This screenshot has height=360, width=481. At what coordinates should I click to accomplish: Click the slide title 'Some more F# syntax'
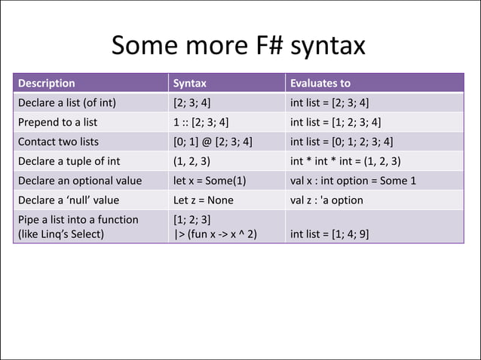(238, 47)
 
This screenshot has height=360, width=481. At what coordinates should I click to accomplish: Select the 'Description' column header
(46, 83)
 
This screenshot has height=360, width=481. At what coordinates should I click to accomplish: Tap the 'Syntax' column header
(190, 83)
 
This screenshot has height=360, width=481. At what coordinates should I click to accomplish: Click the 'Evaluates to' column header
(320, 83)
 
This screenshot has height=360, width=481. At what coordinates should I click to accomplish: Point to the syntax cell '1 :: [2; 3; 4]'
(201, 122)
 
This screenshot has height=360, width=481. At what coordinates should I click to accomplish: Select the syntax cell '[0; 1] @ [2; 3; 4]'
(213, 142)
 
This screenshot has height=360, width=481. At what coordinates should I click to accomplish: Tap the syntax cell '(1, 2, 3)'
(191, 161)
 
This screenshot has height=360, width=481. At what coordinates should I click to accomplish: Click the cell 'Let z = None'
(203, 200)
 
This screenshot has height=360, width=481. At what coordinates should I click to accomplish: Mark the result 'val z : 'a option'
(326, 200)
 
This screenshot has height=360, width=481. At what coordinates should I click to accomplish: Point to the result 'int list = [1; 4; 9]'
(329, 233)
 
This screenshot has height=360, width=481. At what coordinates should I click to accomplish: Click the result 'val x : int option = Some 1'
(353, 181)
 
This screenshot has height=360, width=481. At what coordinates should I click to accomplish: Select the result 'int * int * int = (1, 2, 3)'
(345, 161)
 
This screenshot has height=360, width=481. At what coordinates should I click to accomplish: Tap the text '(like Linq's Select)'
(63, 233)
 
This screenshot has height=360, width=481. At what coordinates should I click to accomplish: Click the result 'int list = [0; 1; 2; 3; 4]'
(342, 142)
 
